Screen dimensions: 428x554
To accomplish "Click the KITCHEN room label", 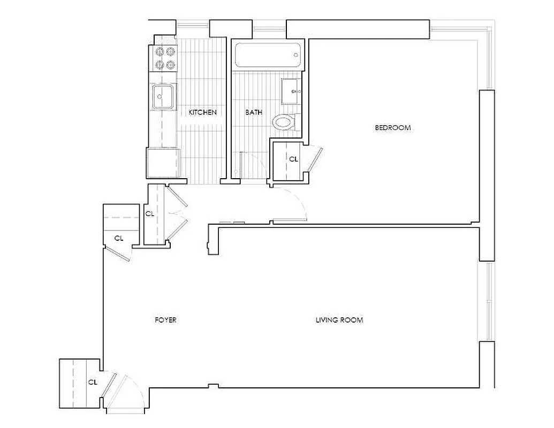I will click(203, 112).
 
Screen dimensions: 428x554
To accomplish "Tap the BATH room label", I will click(254, 112).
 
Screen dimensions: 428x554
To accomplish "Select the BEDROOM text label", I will click(392, 127).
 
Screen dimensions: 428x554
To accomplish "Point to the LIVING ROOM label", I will click(339, 320).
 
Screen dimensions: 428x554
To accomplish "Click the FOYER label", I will click(165, 320).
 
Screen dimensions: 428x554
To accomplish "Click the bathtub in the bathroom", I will click(268, 55).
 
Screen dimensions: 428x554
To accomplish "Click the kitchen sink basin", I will click(163, 97).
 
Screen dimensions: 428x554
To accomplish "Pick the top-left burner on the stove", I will click(159, 52).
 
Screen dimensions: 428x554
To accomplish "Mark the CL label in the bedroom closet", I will click(293, 159).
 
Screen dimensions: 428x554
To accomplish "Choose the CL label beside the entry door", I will click(92, 382).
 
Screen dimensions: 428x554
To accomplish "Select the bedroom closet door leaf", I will click(315, 160).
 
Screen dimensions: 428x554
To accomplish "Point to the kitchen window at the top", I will click(193, 24).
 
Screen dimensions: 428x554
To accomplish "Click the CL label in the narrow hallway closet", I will click(150, 213).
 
